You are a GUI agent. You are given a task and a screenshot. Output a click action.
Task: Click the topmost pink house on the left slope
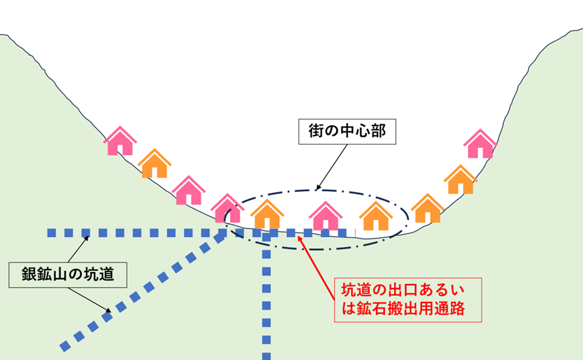(x=120, y=141)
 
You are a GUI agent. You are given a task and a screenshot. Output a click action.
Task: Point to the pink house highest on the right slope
(x=480, y=144)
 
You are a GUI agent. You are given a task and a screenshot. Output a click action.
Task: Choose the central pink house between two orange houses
(x=325, y=216)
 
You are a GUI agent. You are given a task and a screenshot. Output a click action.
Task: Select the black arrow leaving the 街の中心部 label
(x=331, y=167)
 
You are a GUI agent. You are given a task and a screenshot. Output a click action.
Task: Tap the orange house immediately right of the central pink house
(x=376, y=216)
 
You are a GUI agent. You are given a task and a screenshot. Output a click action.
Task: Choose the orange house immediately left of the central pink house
(x=267, y=214)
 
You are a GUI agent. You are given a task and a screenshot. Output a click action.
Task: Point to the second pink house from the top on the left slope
(x=189, y=191)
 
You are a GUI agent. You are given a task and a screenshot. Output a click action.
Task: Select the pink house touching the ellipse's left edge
(x=228, y=209)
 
